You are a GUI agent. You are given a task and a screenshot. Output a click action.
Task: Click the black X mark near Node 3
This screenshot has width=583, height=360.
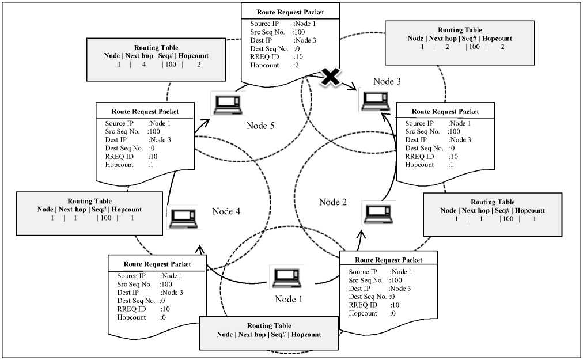330,78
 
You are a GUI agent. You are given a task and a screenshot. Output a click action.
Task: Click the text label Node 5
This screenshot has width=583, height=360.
264,125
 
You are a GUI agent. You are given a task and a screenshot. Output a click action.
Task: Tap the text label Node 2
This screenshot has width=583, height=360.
333,202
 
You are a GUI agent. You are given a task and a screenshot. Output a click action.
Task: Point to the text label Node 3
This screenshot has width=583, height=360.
387,81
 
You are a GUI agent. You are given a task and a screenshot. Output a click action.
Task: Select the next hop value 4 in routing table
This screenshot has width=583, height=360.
143,65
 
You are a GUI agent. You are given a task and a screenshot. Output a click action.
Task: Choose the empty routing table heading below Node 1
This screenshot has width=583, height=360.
268,334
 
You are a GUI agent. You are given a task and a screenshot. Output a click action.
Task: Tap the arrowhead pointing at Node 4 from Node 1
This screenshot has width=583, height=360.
200,248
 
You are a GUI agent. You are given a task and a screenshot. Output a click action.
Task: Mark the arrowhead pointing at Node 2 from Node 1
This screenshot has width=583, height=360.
362,233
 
